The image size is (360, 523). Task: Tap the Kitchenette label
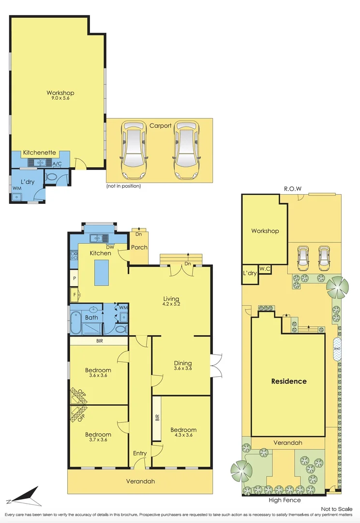(x=40, y=153)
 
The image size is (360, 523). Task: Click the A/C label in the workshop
(x=57, y=164)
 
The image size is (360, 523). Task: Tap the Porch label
(x=139, y=247)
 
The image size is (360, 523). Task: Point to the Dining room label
(x=183, y=363)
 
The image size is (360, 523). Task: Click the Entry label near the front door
(x=140, y=453)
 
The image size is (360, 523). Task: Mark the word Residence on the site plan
(x=288, y=381)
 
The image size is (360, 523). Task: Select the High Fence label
(x=285, y=500)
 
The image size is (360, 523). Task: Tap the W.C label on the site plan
(x=265, y=269)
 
